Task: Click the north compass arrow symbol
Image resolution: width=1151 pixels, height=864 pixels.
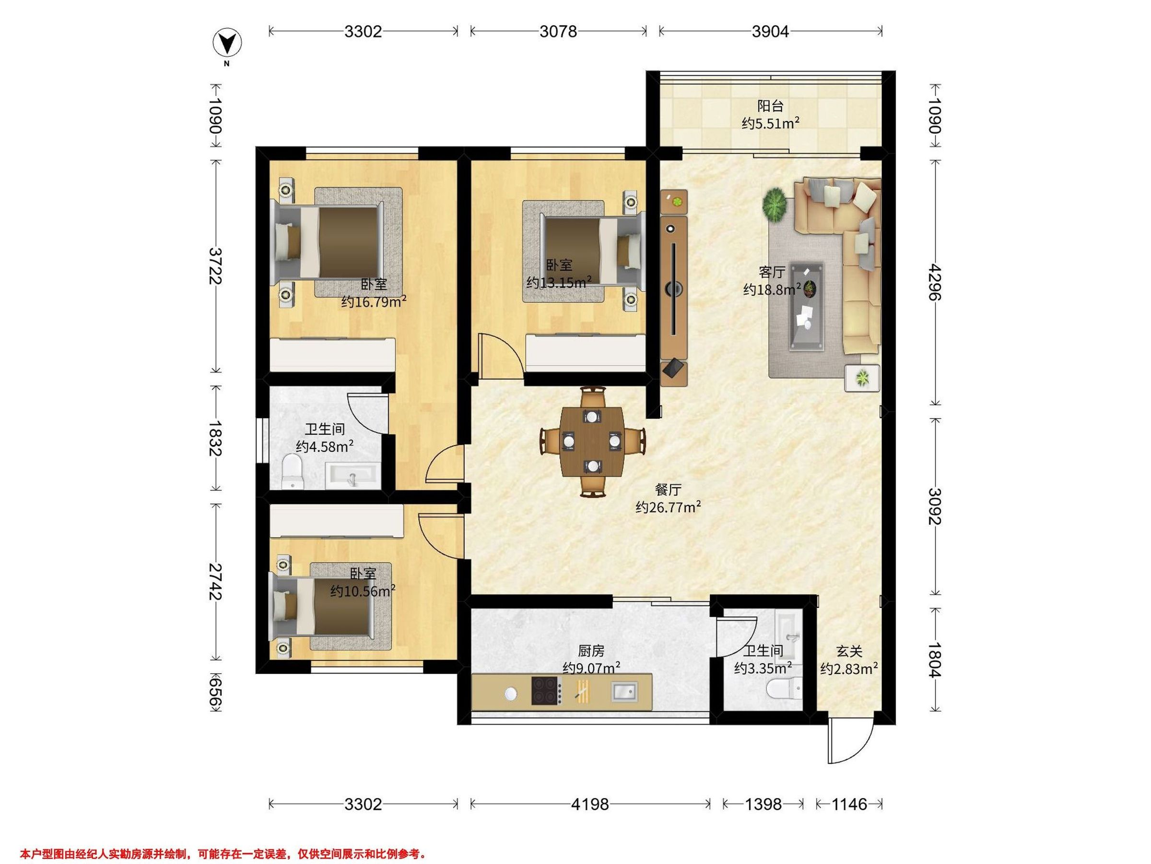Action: [227, 42]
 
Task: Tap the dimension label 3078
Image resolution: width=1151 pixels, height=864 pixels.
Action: [558, 32]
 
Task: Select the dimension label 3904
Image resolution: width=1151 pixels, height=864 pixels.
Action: [770, 32]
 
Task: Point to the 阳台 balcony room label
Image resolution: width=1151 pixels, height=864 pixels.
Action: [770, 106]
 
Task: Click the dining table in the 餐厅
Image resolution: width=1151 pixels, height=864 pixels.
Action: [592, 442]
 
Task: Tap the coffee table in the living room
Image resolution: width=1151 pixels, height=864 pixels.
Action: [807, 306]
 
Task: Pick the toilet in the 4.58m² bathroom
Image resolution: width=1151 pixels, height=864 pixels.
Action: [292, 471]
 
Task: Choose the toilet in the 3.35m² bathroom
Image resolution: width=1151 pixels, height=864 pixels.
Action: [785, 690]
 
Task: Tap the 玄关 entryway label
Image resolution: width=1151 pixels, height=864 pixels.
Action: [849, 651]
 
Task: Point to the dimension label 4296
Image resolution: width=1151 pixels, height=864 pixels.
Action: [935, 282]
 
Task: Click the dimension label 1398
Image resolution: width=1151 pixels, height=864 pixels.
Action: [763, 804]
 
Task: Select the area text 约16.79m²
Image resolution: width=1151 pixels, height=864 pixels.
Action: [374, 301]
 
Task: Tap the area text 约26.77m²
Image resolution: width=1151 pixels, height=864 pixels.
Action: [668, 507]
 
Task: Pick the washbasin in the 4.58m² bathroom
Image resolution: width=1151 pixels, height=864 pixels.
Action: [353, 476]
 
